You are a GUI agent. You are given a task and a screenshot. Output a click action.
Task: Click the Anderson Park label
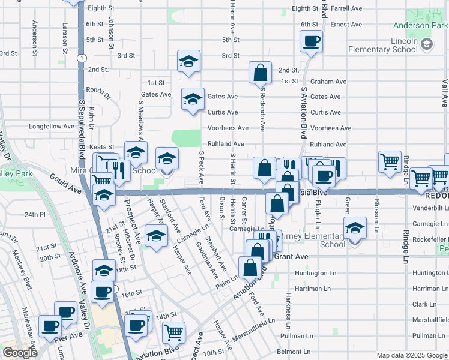point(420,25)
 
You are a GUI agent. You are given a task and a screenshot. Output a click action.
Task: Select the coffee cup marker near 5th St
point(312,42)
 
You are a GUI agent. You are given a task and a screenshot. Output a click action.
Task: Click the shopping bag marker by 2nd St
point(261,73)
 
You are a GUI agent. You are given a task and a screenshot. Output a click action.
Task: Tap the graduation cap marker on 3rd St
point(188,62)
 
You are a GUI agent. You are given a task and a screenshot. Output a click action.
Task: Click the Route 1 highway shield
point(80,58)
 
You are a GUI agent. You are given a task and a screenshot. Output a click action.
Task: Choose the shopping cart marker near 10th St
point(173,331)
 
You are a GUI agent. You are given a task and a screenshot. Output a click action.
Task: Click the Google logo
point(20,353)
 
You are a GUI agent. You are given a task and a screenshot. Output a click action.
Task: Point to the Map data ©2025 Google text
point(411,355)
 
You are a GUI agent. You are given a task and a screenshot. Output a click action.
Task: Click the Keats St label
point(102,147)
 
